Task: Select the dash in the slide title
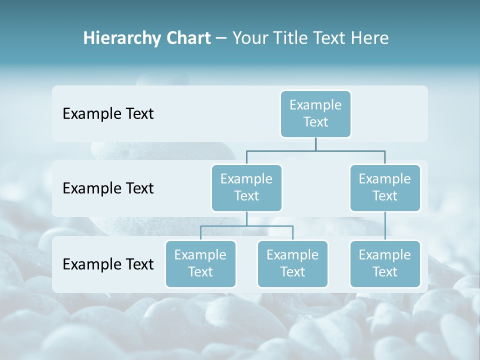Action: (221, 38)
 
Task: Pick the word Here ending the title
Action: (368, 38)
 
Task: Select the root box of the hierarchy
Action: (315, 114)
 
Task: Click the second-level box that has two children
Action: (246, 188)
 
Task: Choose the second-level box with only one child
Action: (385, 188)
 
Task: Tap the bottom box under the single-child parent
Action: (385, 264)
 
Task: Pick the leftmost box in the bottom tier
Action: (200, 264)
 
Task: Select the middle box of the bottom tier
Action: (292, 264)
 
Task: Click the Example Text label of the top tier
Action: (108, 114)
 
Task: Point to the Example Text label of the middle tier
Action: (108, 188)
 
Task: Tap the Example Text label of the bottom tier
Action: (108, 264)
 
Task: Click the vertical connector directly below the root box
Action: (315, 144)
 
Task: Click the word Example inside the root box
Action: (315, 105)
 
